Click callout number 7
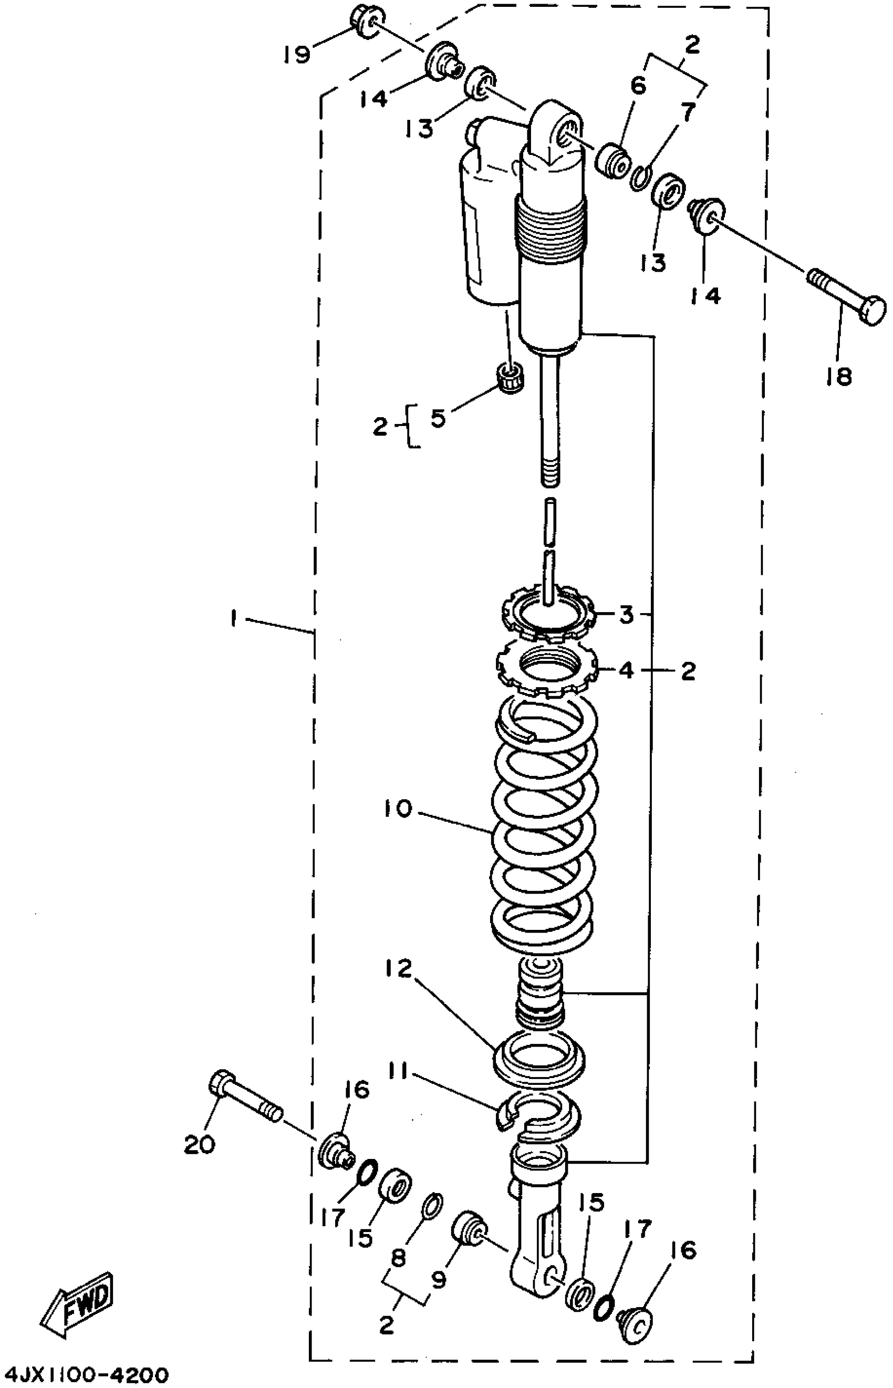[688, 113]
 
